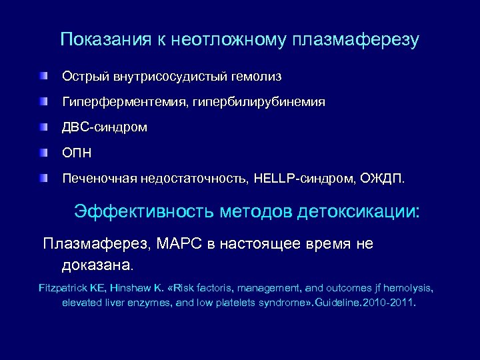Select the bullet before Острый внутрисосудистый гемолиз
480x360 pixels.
point(44,77)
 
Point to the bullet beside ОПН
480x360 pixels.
point(44,152)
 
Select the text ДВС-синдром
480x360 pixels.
point(96,127)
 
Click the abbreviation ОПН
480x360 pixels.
point(77,153)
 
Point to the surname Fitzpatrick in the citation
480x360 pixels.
point(63,288)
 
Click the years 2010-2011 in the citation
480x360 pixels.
point(390,302)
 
